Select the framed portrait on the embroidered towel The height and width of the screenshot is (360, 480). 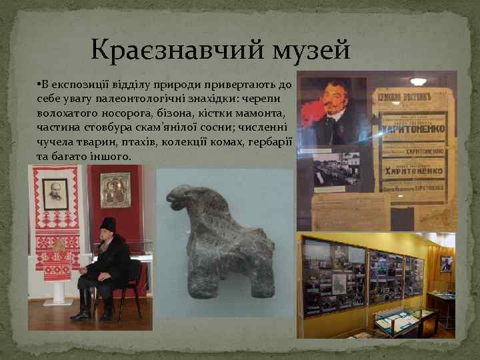pyautogui.click(x=55, y=194)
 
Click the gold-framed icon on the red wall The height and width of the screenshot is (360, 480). pyautogui.click(x=115, y=190)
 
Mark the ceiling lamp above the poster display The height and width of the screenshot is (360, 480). pyautogui.click(x=419, y=81)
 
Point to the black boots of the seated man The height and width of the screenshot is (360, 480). pyautogui.click(x=83, y=303)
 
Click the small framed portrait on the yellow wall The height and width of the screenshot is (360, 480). pyautogui.click(x=445, y=263)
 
